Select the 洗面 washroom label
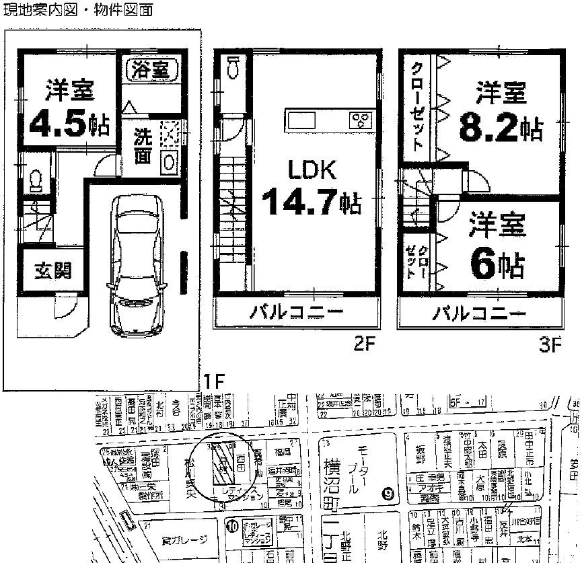tap(142, 146)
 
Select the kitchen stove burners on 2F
tap(361, 121)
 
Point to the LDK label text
tap(312, 170)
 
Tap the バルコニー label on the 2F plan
tap(297, 312)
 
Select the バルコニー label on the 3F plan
tap(478, 313)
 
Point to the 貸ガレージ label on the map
tap(182, 539)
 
